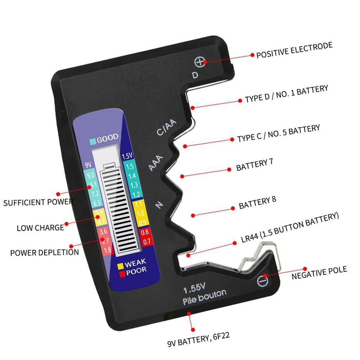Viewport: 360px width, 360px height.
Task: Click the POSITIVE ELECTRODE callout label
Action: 294,50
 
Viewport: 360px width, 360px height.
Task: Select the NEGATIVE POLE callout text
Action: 319,273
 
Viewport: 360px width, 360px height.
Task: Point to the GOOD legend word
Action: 108,139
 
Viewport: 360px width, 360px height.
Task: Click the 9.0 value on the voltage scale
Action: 91,175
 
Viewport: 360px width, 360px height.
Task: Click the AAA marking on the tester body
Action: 156,163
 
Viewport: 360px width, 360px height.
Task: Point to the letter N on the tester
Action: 159,205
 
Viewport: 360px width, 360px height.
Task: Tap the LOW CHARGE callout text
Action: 40,228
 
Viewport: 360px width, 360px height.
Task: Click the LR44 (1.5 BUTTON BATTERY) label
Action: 290,229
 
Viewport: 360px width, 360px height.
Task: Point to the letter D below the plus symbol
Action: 195,75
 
